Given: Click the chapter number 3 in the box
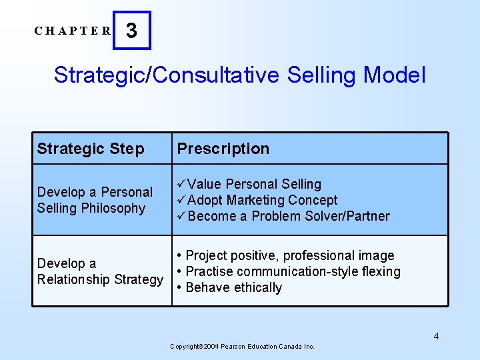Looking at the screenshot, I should coord(132,31).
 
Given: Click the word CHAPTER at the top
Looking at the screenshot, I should coord(73,31).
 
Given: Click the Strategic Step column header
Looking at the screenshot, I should coord(91,149).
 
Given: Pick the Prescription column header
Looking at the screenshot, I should coord(223,149).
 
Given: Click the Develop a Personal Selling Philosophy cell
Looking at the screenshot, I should coord(95,200).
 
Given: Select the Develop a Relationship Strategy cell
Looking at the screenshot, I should coord(100,271).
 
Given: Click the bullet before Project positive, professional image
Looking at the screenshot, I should coord(179,255).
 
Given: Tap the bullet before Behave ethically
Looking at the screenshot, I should coord(179,288).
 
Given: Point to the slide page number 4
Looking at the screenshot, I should coord(436,336).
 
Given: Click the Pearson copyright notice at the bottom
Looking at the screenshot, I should coord(242,347).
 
